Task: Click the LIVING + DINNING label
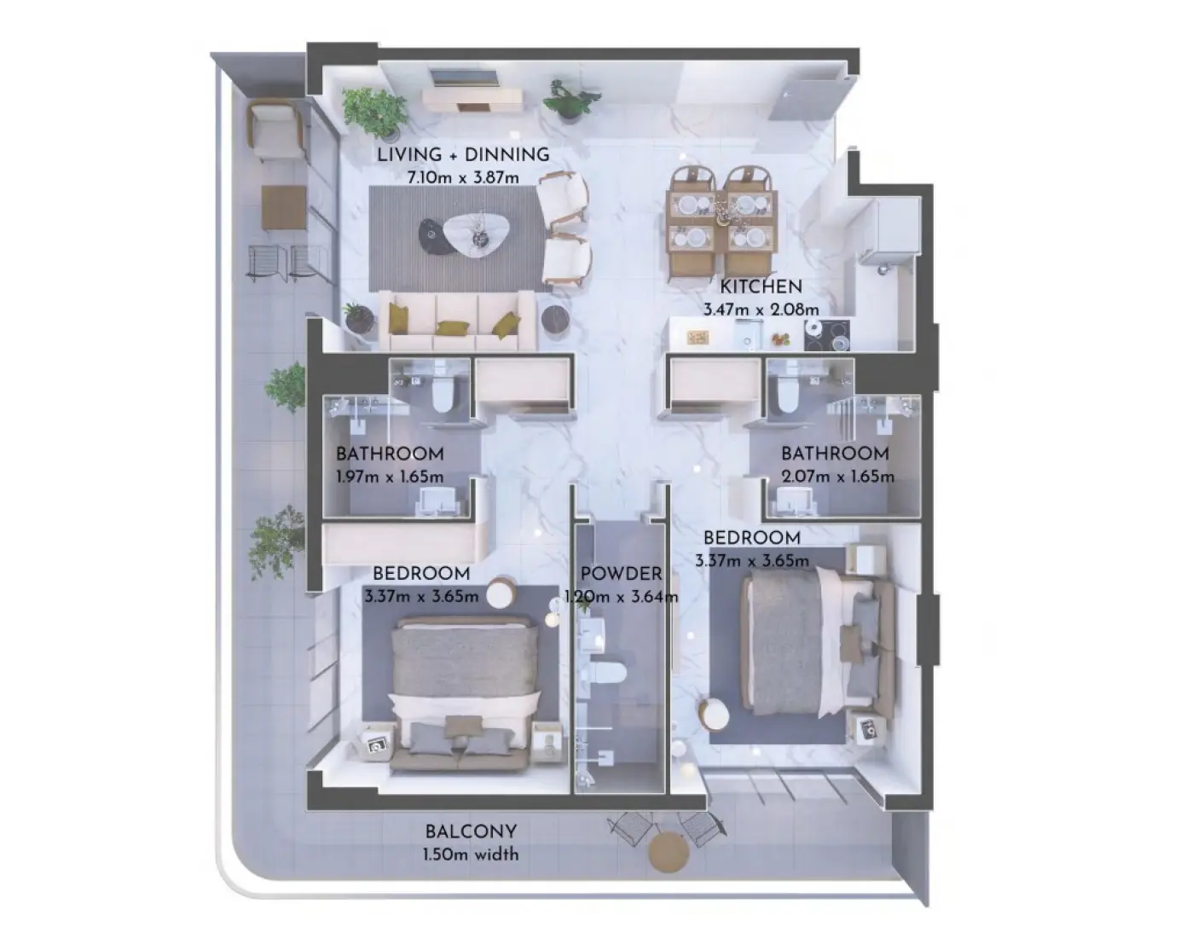tap(463, 155)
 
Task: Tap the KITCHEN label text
tap(761, 287)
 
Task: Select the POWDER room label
tap(621, 574)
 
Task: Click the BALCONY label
tap(471, 831)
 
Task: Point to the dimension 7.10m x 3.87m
tap(463, 177)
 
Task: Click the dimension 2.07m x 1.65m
tap(837, 477)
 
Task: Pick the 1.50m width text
tap(471, 854)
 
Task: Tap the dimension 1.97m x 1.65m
tap(390, 477)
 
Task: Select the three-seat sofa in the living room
tap(458, 321)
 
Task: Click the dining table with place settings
tap(722, 220)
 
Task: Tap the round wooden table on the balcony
tap(668, 852)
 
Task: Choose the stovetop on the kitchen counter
tap(826, 334)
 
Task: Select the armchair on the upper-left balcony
tap(275, 130)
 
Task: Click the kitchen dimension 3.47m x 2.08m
tap(761, 310)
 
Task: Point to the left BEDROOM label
tap(421, 574)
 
